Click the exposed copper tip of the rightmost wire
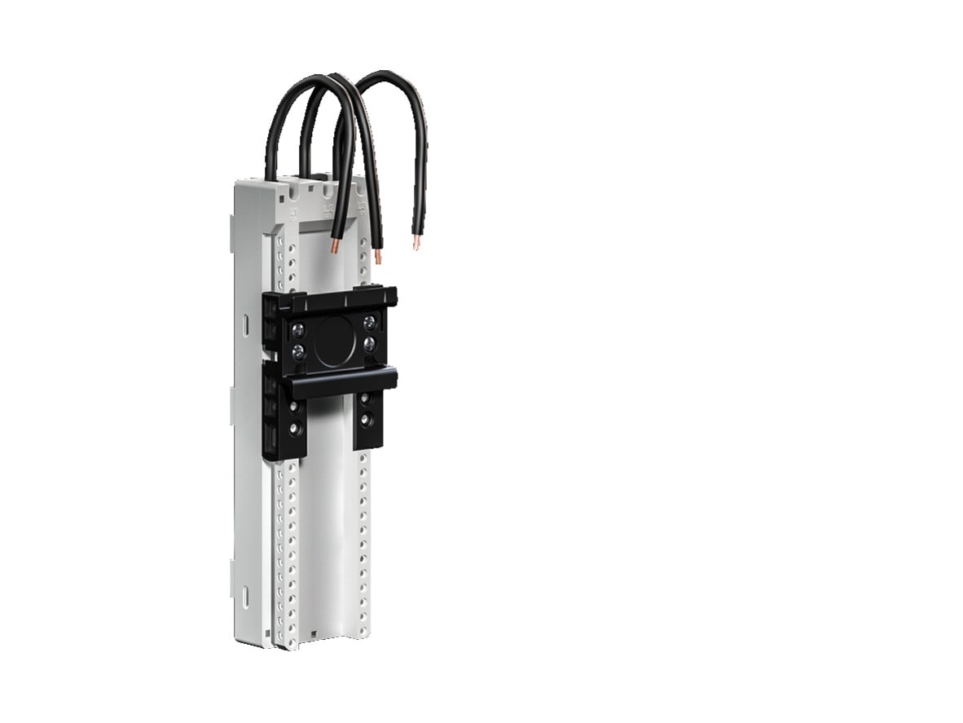pos(417,242)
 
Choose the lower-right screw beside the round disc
pos(371,343)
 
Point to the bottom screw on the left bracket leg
pos(293,427)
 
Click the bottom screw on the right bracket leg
pos(364,420)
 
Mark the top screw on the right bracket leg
pos(364,398)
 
